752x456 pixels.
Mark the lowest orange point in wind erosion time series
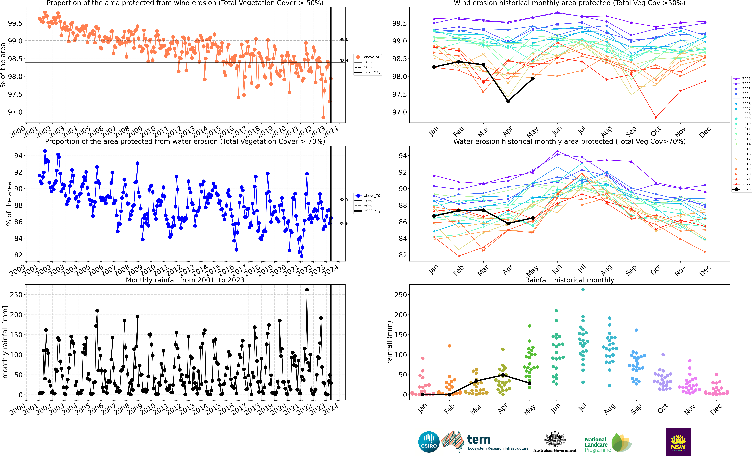tap(323, 117)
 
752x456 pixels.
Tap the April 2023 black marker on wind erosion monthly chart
tap(508, 101)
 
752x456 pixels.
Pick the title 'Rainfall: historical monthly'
tap(569, 280)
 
